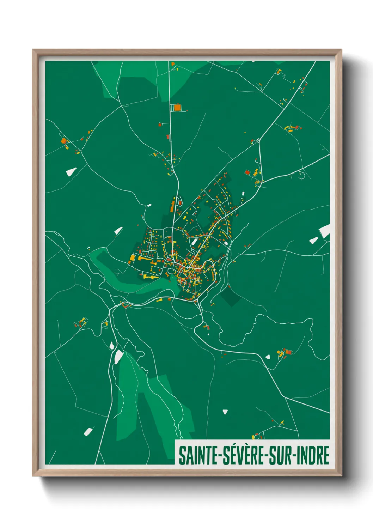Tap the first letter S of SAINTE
(x=182, y=455)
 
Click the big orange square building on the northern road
(x=177, y=107)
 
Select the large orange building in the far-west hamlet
(x=63, y=141)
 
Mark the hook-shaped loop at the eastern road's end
(x=301, y=175)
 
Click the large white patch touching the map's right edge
(x=325, y=231)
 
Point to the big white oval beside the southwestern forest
(x=118, y=357)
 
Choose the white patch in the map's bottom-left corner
(x=88, y=431)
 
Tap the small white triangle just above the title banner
(x=225, y=412)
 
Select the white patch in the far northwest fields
(x=71, y=172)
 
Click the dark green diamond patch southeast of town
(x=231, y=297)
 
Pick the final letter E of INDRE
(x=326, y=455)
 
